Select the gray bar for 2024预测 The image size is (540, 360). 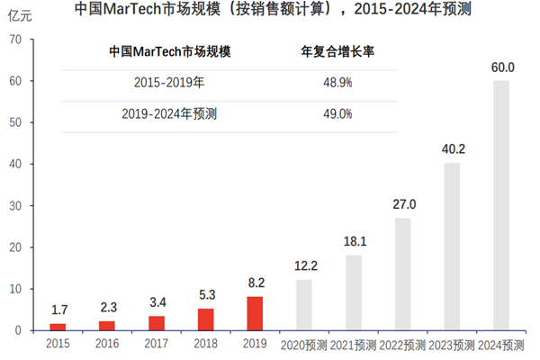pyautogui.click(x=501, y=205)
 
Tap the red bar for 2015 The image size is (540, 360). pyautogui.click(x=58, y=326)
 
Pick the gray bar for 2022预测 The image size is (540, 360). pyautogui.click(x=402, y=274)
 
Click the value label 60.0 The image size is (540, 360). pyautogui.click(x=501, y=67)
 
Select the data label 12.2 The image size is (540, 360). pyautogui.click(x=304, y=265)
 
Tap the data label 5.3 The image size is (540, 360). pyautogui.click(x=205, y=293)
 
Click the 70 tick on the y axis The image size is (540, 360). pyautogui.click(x=16, y=40)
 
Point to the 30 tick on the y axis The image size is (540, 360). pyautogui.click(x=16, y=206)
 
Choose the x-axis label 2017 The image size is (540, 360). pyautogui.click(x=157, y=344)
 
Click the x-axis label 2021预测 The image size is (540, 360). pyautogui.click(x=354, y=344)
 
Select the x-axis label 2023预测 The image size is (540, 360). pyautogui.click(x=452, y=344)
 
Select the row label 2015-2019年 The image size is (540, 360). pyautogui.click(x=169, y=82)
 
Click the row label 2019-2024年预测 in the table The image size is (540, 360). pyautogui.click(x=169, y=114)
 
